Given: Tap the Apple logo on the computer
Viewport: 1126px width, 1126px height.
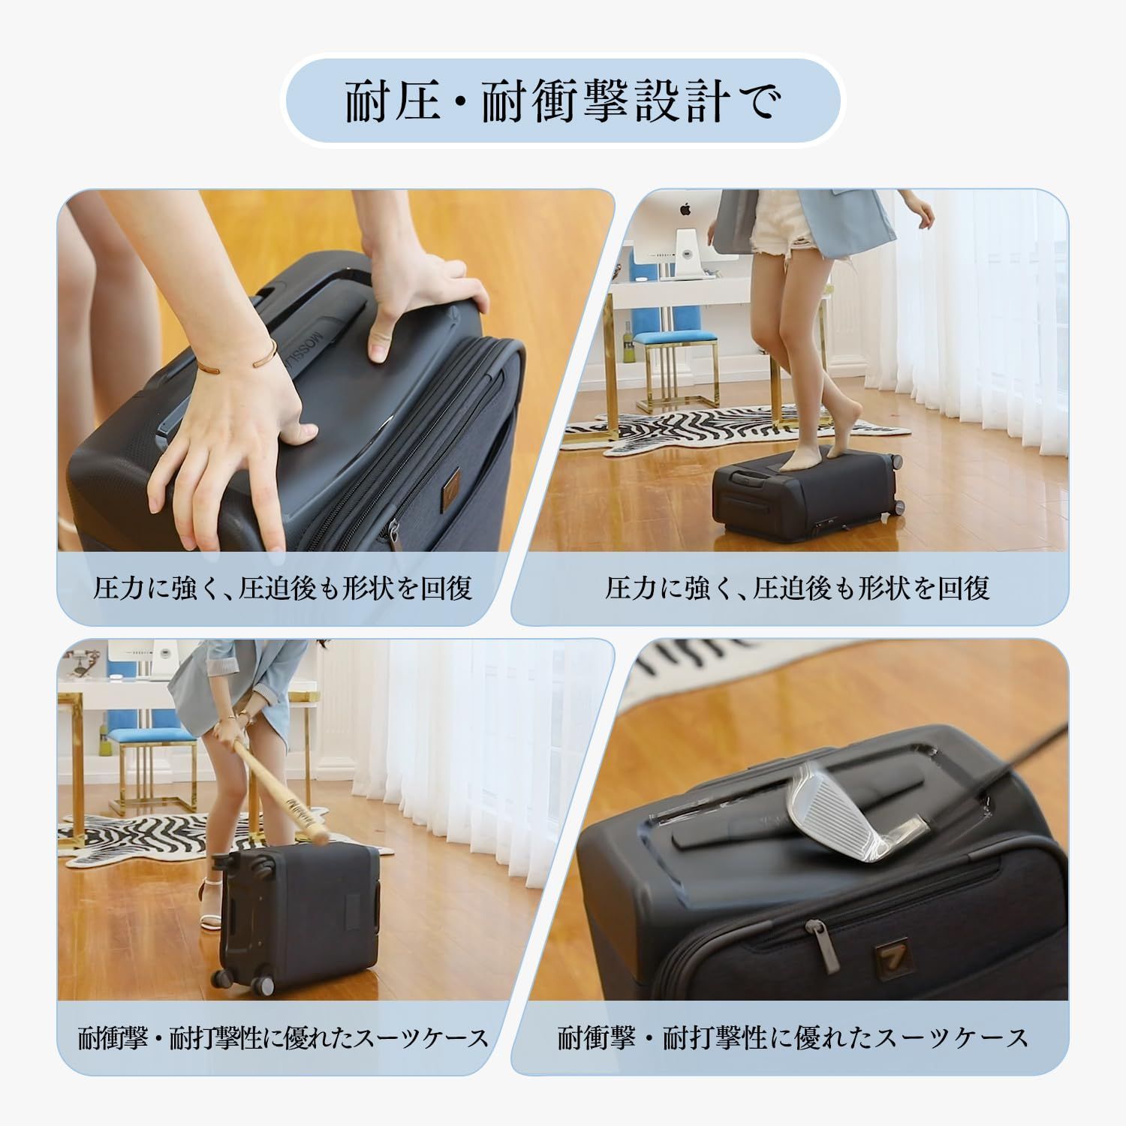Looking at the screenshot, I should (685, 208).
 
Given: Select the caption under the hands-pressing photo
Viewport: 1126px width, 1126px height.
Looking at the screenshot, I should (282, 589).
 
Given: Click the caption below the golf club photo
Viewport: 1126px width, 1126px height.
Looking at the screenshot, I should (793, 1038).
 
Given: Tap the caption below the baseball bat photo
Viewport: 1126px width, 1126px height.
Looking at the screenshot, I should (283, 1038).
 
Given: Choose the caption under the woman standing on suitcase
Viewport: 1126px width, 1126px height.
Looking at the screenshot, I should (797, 589).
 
